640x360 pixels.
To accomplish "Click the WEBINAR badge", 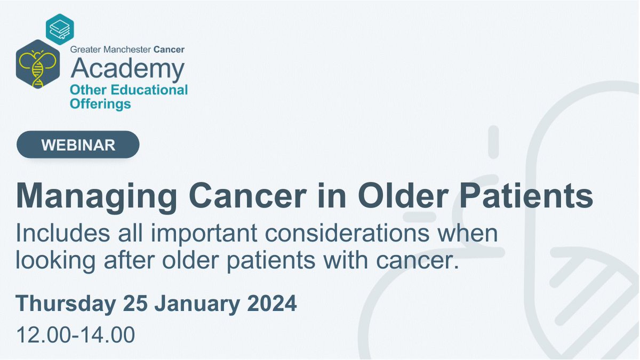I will coord(78,145).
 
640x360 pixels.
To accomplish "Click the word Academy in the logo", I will coord(127,69).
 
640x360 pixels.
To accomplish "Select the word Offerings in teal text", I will coord(100,103).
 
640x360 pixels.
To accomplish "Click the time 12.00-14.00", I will coord(75,335).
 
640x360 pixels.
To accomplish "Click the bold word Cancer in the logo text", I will coord(169,50).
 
